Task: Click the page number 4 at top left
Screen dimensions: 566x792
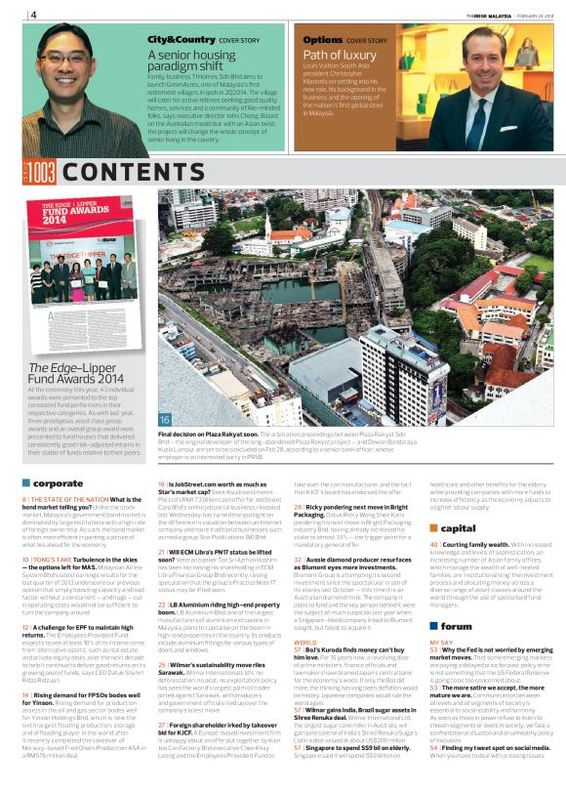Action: (33, 15)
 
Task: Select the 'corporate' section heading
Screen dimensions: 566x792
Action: (58, 482)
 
